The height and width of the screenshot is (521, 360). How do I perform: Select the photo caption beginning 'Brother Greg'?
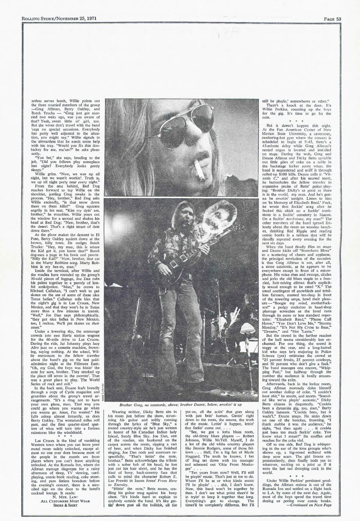(181, 405)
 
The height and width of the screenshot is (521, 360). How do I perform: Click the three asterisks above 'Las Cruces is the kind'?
(61, 436)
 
